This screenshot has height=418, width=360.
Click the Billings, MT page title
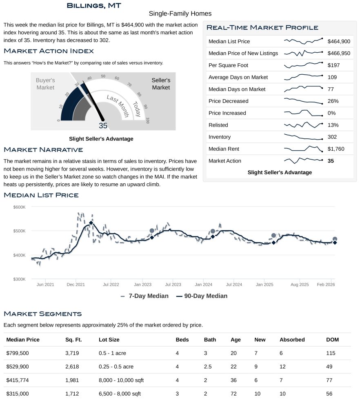pyautogui.click(x=93, y=5)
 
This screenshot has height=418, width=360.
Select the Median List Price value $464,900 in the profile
pyautogui.click(x=339, y=41)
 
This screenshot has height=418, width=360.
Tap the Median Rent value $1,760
pyautogui.click(x=336, y=149)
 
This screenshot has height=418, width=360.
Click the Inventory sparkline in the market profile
pyautogui.click(x=303, y=137)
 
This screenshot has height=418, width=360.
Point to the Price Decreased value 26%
pyautogui.click(x=333, y=101)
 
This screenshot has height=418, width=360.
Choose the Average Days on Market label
pyautogui.click(x=238, y=77)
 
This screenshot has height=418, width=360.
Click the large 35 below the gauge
pyautogui.click(x=103, y=126)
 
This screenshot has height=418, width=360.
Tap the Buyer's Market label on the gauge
pyautogui.click(x=45, y=84)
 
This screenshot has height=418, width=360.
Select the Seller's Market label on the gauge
pyautogui.click(x=161, y=84)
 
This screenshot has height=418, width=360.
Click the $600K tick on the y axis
pyautogui.click(x=19, y=207)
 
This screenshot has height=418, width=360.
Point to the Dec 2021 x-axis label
pyautogui.click(x=76, y=284)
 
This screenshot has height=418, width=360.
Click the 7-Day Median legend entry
pyautogui.click(x=145, y=296)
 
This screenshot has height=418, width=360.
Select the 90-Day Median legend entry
pyautogui.click(x=202, y=296)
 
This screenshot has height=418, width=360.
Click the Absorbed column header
pyautogui.click(x=292, y=340)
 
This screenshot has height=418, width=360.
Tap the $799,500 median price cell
pyautogui.click(x=18, y=353)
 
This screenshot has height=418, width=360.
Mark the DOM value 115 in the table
pyautogui.click(x=330, y=353)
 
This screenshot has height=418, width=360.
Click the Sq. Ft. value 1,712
pyautogui.click(x=72, y=394)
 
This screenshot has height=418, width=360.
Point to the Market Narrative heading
pyautogui.click(x=43, y=150)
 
